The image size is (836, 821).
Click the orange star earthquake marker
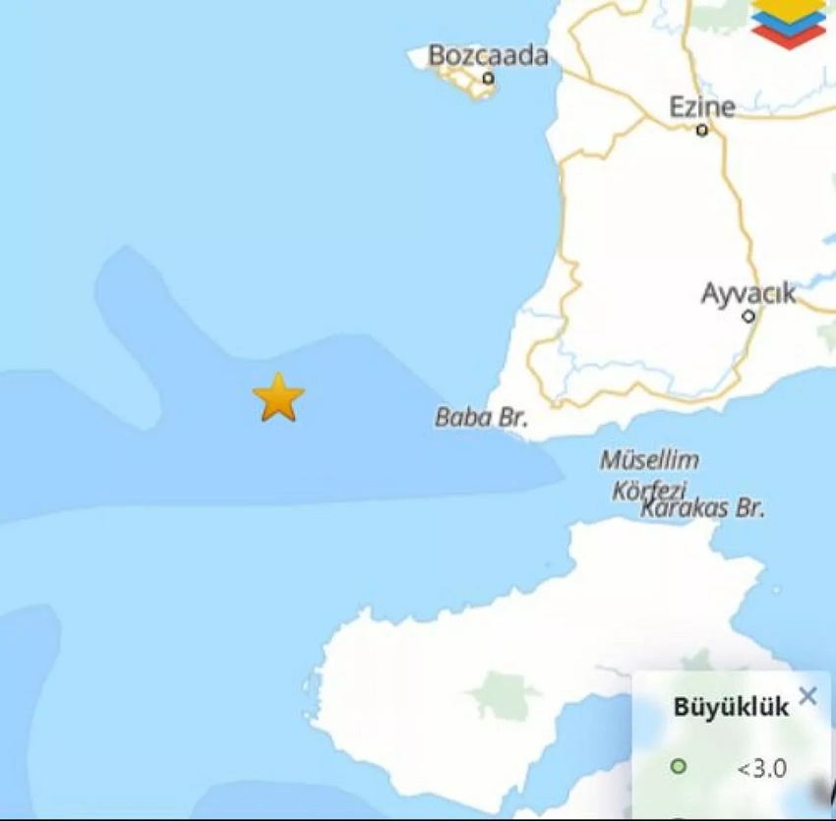pyautogui.click(x=278, y=397)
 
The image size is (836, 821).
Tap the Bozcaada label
pyautogui.click(x=488, y=55)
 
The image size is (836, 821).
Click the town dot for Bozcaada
pyautogui.click(x=488, y=79)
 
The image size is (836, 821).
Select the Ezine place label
pyautogui.click(x=702, y=106)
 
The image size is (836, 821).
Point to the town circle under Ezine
pyautogui.click(x=702, y=130)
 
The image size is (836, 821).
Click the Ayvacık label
pyautogui.click(x=748, y=293)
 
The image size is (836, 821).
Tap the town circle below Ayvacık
pyautogui.click(x=748, y=317)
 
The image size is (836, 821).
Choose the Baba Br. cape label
pyautogui.click(x=481, y=418)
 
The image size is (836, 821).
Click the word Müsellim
pyautogui.click(x=649, y=460)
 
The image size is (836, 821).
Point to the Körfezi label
pyautogui.click(x=649, y=489)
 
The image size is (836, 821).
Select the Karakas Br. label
pyautogui.click(x=702, y=508)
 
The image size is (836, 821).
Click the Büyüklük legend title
pyautogui.click(x=730, y=706)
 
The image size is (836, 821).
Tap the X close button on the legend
pyautogui.click(x=807, y=697)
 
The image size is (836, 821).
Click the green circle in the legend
pyautogui.click(x=678, y=767)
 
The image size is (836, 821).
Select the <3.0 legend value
pyautogui.click(x=761, y=768)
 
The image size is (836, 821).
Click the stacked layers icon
pyautogui.click(x=788, y=22)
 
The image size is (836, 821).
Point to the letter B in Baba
pyautogui.click(x=443, y=418)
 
